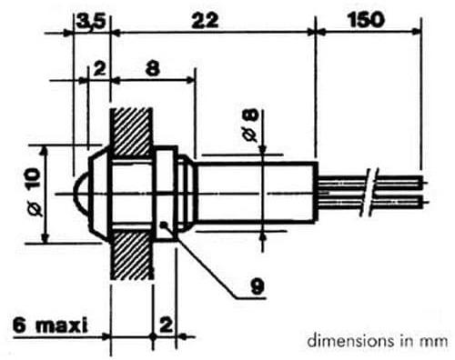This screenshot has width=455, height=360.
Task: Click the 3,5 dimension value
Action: (91, 22)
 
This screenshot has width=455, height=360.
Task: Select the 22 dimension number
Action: (205, 21)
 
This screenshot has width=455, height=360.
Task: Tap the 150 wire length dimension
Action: (366, 20)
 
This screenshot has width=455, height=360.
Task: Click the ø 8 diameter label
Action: (251, 125)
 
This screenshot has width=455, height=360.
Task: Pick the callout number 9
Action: (258, 286)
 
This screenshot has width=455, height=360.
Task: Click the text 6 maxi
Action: (50, 325)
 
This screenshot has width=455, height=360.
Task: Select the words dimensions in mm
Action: (378, 341)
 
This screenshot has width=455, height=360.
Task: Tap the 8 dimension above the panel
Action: (153, 69)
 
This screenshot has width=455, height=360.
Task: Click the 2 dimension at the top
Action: (99, 69)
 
